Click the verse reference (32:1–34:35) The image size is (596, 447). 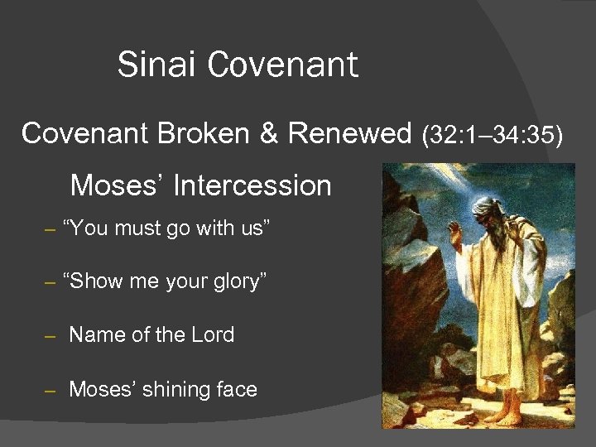click(492, 133)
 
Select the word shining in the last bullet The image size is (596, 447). click(175, 390)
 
